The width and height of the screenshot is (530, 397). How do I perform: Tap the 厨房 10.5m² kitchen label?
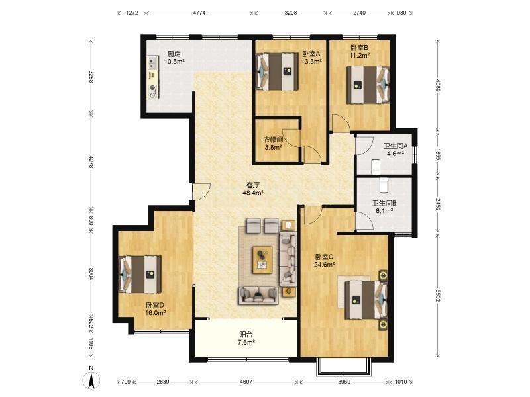tap(174, 58)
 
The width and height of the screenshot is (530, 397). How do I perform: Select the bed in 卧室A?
tap(278, 71)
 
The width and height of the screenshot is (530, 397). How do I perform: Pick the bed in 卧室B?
tap(368, 85)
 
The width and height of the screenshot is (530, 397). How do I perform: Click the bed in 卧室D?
tap(140, 274)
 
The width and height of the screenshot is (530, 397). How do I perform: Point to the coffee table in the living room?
tap(262, 259)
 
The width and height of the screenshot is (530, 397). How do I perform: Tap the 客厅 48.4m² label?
tap(253, 189)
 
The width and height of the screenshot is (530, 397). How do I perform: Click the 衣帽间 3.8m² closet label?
tap(273, 143)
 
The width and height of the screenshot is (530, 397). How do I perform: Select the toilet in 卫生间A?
tap(376, 166)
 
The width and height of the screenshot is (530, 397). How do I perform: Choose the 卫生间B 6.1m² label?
tap(384, 207)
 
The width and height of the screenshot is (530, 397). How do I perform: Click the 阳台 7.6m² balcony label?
tap(246, 339)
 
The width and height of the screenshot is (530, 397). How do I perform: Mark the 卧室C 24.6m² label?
tap(324, 261)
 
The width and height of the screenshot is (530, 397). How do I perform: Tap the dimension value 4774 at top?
tap(199, 13)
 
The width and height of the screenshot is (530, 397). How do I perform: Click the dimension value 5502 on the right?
tap(438, 296)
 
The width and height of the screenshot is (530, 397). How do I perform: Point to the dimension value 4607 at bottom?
tap(246, 382)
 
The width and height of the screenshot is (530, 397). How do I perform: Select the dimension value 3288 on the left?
tap(91, 77)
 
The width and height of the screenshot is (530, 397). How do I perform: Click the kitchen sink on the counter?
tap(152, 62)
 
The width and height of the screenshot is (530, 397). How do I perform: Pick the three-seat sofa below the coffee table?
tap(258, 295)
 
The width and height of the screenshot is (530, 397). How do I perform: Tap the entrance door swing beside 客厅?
tap(201, 191)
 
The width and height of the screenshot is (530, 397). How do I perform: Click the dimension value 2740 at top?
tap(359, 13)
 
